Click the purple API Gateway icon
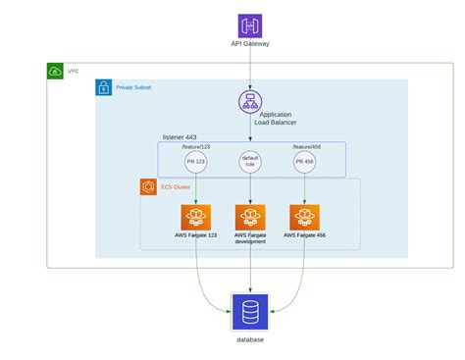[x=250, y=26]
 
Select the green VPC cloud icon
[x=56, y=72]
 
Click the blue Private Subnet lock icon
[x=104, y=88]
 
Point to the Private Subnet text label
[x=134, y=87]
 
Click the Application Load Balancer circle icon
[x=251, y=101]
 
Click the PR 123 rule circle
[x=196, y=162]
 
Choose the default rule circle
[x=251, y=162]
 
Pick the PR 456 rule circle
[x=306, y=162]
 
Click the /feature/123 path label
[x=197, y=146]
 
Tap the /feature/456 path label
[x=307, y=146]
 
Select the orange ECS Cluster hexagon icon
[x=150, y=186]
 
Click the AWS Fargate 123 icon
[x=196, y=217]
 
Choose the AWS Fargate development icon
[x=251, y=217]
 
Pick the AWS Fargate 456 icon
[x=306, y=217]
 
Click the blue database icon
[x=250, y=311]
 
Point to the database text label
[x=250, y=339]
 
